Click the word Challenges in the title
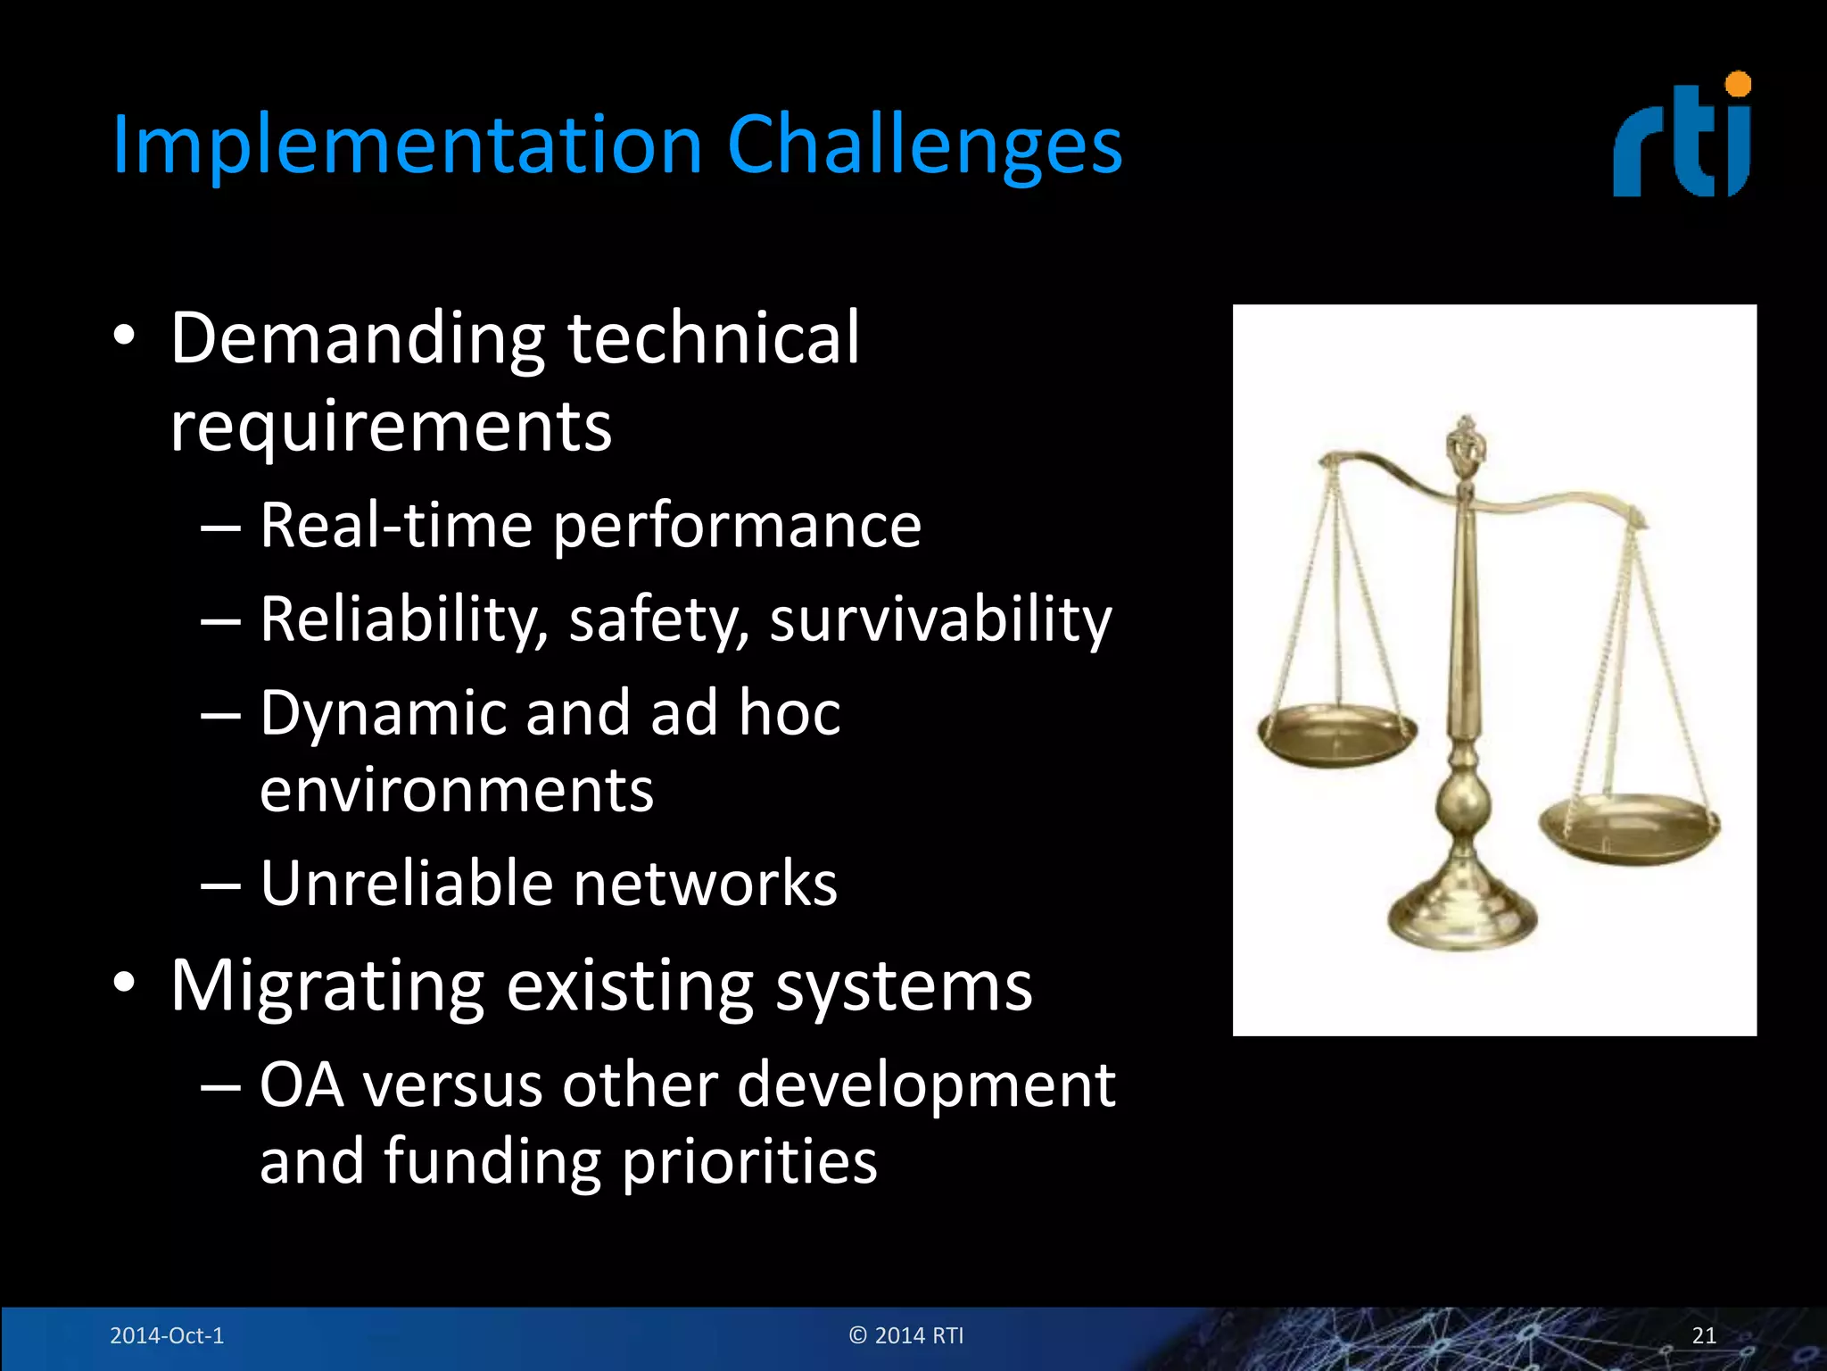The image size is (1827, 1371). point(924,145)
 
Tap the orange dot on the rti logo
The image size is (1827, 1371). point(1738,85)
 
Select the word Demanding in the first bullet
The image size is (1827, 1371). point(357,339)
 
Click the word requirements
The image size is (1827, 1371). point(391,427)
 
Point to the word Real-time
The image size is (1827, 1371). point(396,525)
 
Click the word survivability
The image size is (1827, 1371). point(940,619)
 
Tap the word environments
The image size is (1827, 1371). point(457,791)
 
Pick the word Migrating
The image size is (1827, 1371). point(327,987)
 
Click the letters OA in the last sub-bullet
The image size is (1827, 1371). point(302,1086)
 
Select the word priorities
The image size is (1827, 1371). point(749,1163)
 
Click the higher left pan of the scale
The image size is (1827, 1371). point(1336,734)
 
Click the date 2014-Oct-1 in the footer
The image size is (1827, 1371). point(167,1336)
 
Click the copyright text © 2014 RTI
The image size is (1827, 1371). point(906,1336)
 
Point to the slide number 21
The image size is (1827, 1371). point(1703,1336)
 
